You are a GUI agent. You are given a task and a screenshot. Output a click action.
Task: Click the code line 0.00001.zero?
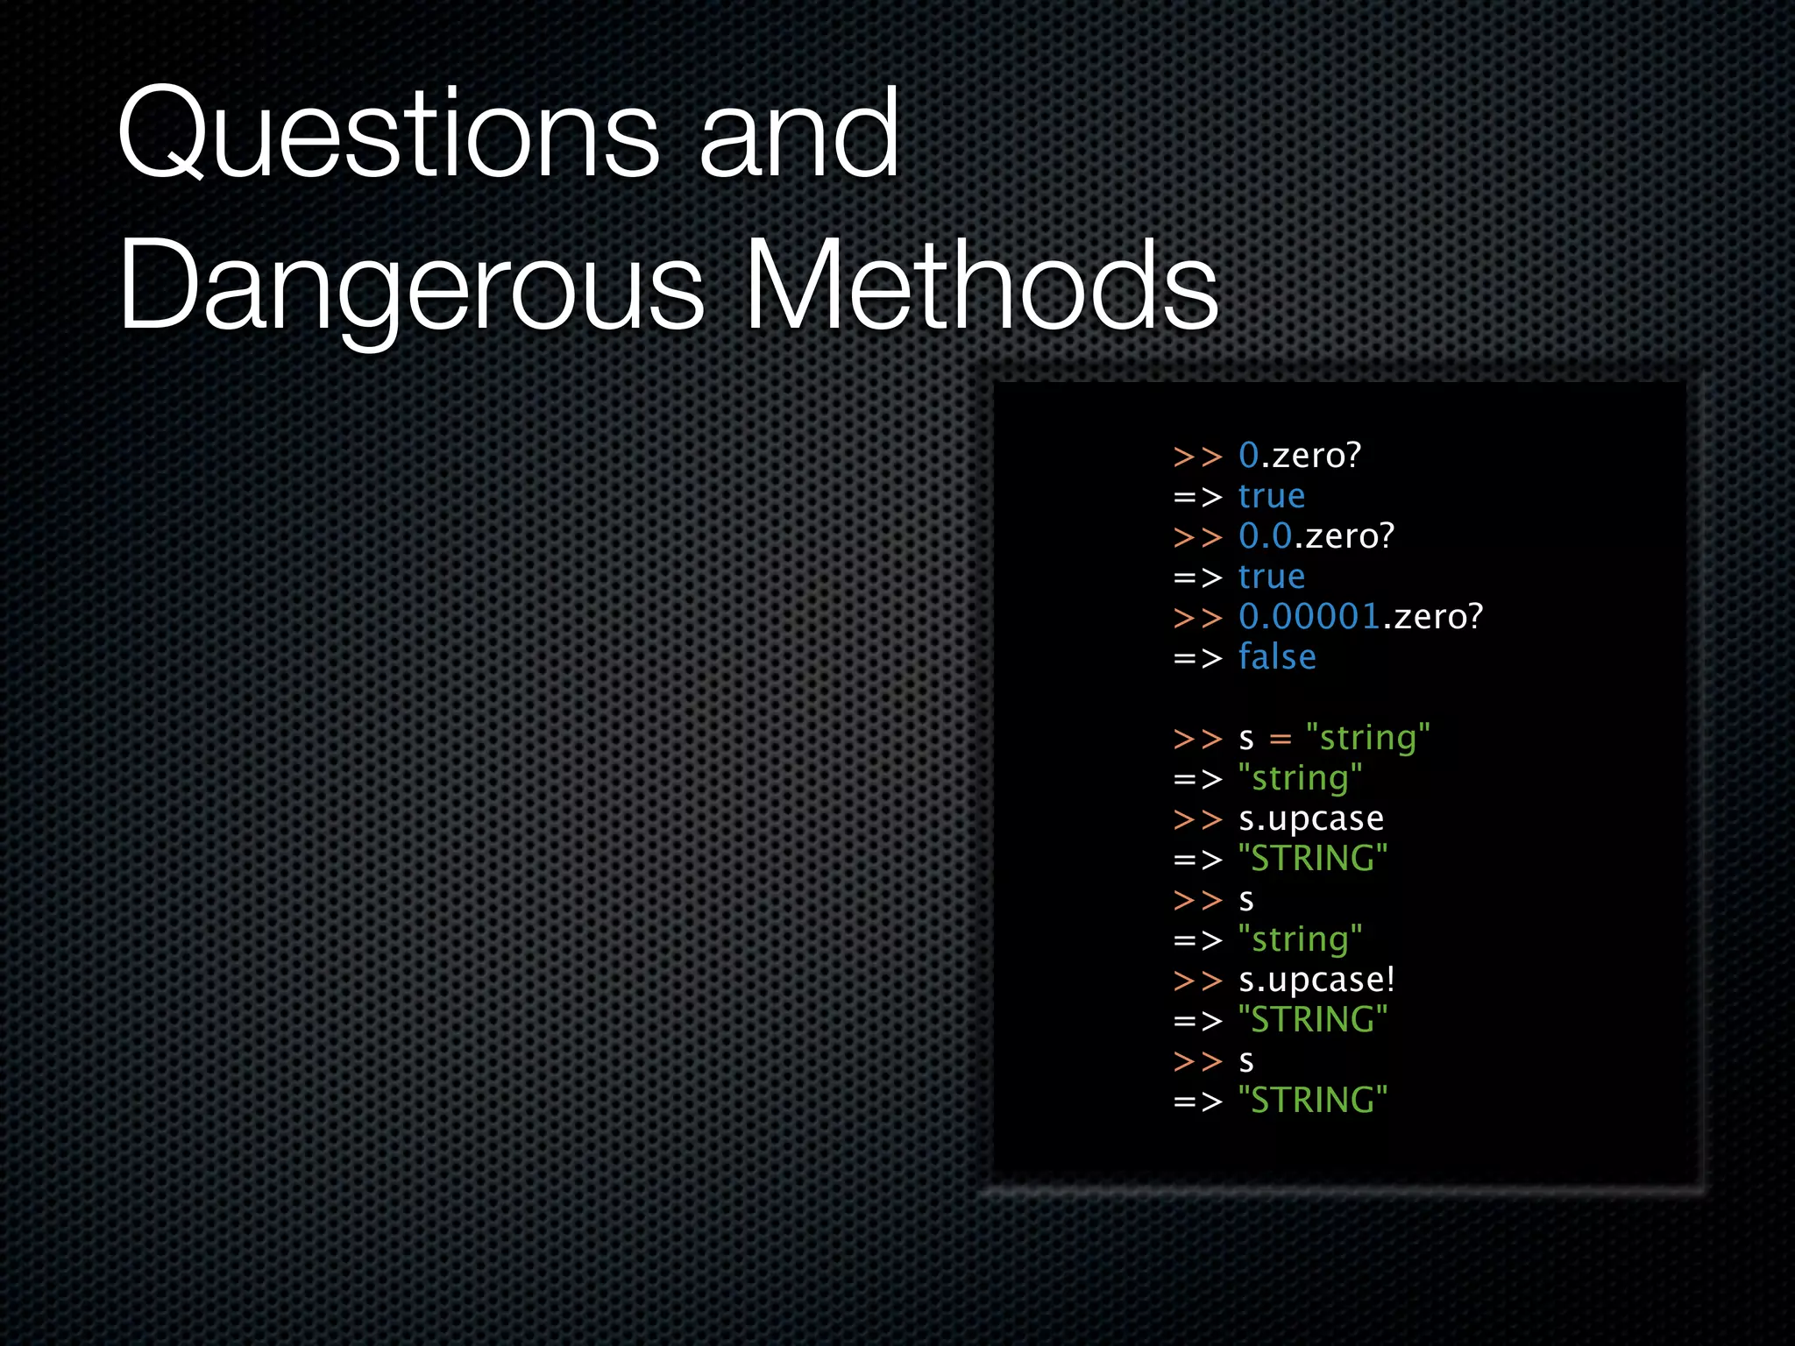click(x=1360, y=617)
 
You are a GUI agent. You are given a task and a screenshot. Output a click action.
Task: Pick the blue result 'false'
click(x=1277, y=657)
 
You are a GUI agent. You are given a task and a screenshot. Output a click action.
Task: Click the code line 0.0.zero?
click(x=1316, y=536)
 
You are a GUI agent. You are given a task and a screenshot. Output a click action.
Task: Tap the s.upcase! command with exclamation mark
click(x=1316, y=980)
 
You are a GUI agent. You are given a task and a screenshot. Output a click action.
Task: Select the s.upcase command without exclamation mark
click(x=1311, y=819)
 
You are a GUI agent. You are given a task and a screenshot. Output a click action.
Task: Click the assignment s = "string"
click(x=1334, y=738)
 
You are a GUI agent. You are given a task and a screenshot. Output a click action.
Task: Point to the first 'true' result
click(x=1272, y=497)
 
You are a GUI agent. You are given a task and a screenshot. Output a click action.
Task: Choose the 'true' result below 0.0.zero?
click(x=1272, y=577)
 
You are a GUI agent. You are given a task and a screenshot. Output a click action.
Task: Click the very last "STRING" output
click(x=1313, y=1101)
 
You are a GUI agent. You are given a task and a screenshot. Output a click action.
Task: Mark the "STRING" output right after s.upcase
click(x=1313, y=859)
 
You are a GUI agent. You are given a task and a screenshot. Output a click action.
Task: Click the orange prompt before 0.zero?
click(x=1197, y=457)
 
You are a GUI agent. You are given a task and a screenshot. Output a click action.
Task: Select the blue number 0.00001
click(x=1309, y=617)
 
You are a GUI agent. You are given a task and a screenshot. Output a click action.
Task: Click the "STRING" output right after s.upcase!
click(x=1313, y=1020)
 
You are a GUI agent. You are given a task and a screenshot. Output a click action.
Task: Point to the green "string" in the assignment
click(x=1367, y=738)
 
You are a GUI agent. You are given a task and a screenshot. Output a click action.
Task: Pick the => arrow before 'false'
click(x=1197, y=658)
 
